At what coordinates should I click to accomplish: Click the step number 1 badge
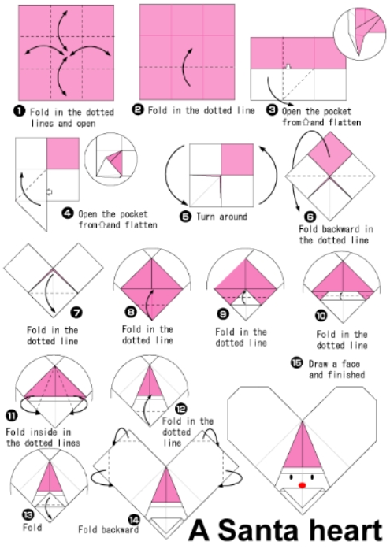(x=19, y=111)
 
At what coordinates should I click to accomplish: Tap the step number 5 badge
(x=186, y=217)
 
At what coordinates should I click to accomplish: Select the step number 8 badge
(x=131, y=311)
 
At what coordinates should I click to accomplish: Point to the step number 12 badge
(x=180, y=409)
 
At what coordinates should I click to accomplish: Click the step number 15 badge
(x=296, y=363)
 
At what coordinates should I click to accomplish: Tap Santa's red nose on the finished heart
(x=302, y=485)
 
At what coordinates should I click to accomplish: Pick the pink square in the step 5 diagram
(x=237, y=160)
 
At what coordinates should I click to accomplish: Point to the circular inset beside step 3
(x=359, y=33)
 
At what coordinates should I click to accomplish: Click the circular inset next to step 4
(x=110, y=159)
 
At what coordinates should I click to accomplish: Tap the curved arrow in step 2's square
(x=187, y=67)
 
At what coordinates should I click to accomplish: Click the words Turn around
(x=222, y=217)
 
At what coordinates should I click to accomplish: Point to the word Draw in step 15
(x=318, y=364)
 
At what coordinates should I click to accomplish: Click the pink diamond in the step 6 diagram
(x=330, y=154)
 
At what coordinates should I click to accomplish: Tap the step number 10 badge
(x=321, y=316)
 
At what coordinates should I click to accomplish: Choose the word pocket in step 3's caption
(x=335, y=112)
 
